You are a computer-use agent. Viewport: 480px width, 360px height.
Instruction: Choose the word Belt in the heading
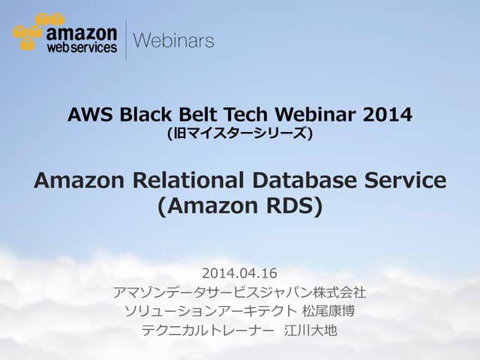189,115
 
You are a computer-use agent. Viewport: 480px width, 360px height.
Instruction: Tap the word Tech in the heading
233,115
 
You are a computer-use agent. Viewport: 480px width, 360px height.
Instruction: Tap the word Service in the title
409,181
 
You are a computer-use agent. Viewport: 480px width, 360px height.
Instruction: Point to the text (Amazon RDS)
240,205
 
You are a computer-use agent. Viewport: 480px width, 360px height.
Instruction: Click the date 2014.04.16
240,272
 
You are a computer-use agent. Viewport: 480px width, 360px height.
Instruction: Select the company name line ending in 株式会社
240,292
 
